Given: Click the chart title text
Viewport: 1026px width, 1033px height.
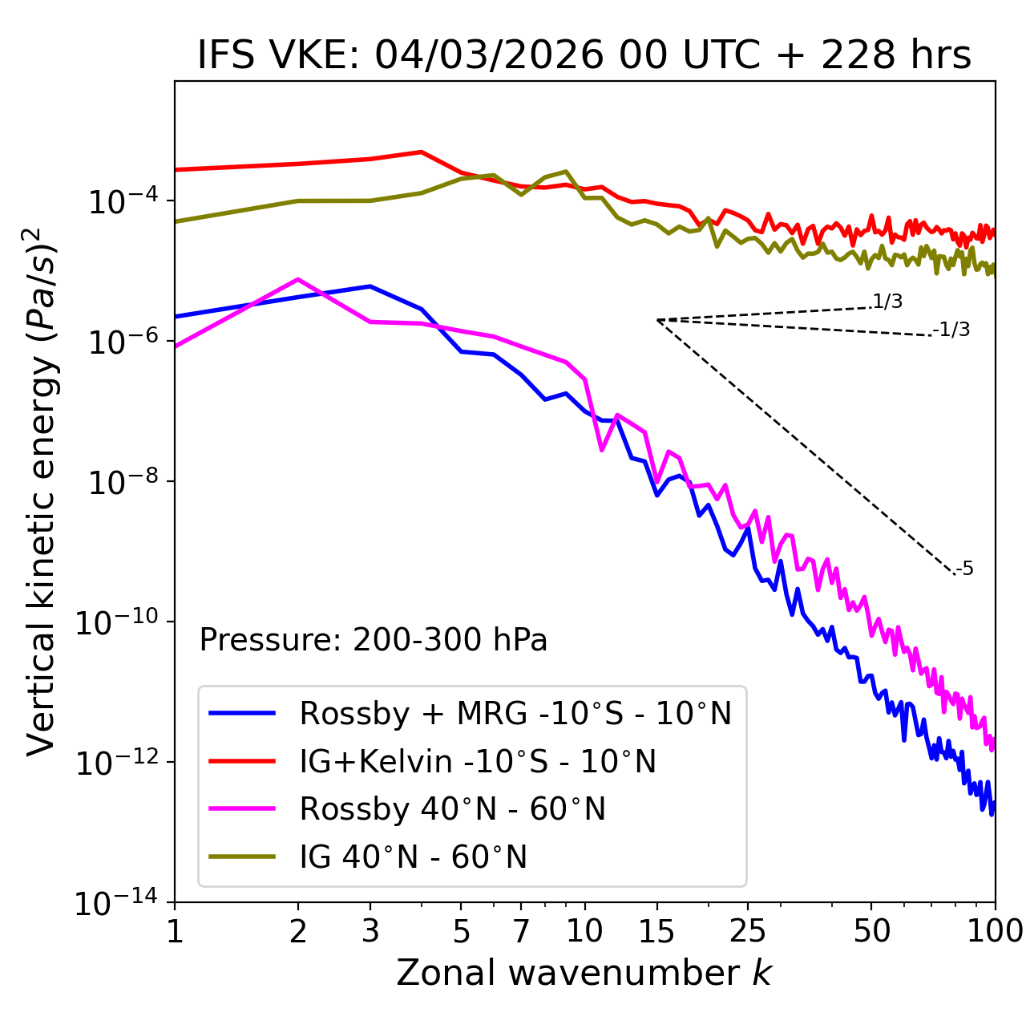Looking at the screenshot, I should tap(584, 55).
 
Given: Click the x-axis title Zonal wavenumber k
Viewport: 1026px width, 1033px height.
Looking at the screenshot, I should tap(584, 973).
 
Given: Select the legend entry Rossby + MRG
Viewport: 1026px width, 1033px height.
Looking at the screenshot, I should tap(515, 713).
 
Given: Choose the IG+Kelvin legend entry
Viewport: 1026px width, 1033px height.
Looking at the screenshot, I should tap(478, 761).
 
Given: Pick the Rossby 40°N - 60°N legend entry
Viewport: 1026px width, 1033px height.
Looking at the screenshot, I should tap(452, 809).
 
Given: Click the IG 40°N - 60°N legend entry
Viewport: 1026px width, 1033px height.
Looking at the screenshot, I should tap(413, 857).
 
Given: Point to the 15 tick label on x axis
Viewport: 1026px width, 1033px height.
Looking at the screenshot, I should tap(656, 931).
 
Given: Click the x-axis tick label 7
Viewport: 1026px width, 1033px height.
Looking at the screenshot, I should tap(521, 931).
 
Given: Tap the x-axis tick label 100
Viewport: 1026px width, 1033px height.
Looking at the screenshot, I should tap(994, 931).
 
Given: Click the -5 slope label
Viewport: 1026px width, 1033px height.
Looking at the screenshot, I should tap(964, 569).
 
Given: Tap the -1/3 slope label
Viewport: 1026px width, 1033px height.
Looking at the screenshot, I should tap(951, 330).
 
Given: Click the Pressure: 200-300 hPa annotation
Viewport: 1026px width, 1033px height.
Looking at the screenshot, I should tap(373, 640).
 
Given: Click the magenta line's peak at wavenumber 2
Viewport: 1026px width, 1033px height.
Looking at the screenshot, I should tap(298, 279).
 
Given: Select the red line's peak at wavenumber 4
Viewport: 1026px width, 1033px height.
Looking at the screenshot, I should tap(421, 152).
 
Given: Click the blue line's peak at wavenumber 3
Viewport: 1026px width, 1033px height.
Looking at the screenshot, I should tap(370, 286).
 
